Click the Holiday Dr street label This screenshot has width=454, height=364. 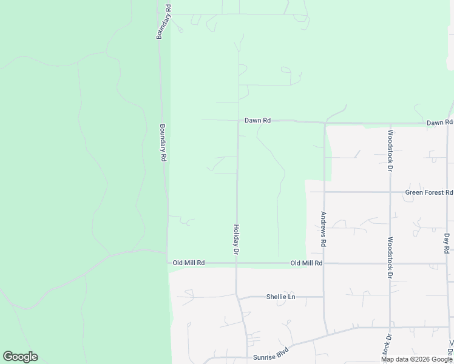(237, 238)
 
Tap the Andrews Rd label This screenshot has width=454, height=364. (324, 229)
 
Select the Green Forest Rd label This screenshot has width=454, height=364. (429, 192)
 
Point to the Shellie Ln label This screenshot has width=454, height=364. (280, 297)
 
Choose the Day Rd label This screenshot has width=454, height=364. (447, 243)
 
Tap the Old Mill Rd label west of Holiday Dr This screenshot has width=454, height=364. (189, 263)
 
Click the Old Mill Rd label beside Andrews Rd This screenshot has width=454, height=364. (306, 263)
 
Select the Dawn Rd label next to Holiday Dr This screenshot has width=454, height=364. (257, 121)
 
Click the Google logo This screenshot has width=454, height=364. (21, 357)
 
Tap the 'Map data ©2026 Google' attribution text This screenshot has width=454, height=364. (416, 359)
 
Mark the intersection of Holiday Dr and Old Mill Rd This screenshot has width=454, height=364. (236, 263)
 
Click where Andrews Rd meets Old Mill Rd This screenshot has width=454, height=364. (324, 263)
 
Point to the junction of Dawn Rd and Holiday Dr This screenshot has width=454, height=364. (237, 120)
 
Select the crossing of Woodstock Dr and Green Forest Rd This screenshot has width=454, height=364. (390, 192)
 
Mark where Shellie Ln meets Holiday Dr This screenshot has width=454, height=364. (237, 297)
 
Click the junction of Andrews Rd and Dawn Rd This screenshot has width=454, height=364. (325, 123)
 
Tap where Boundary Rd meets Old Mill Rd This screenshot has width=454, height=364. (167, 262)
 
